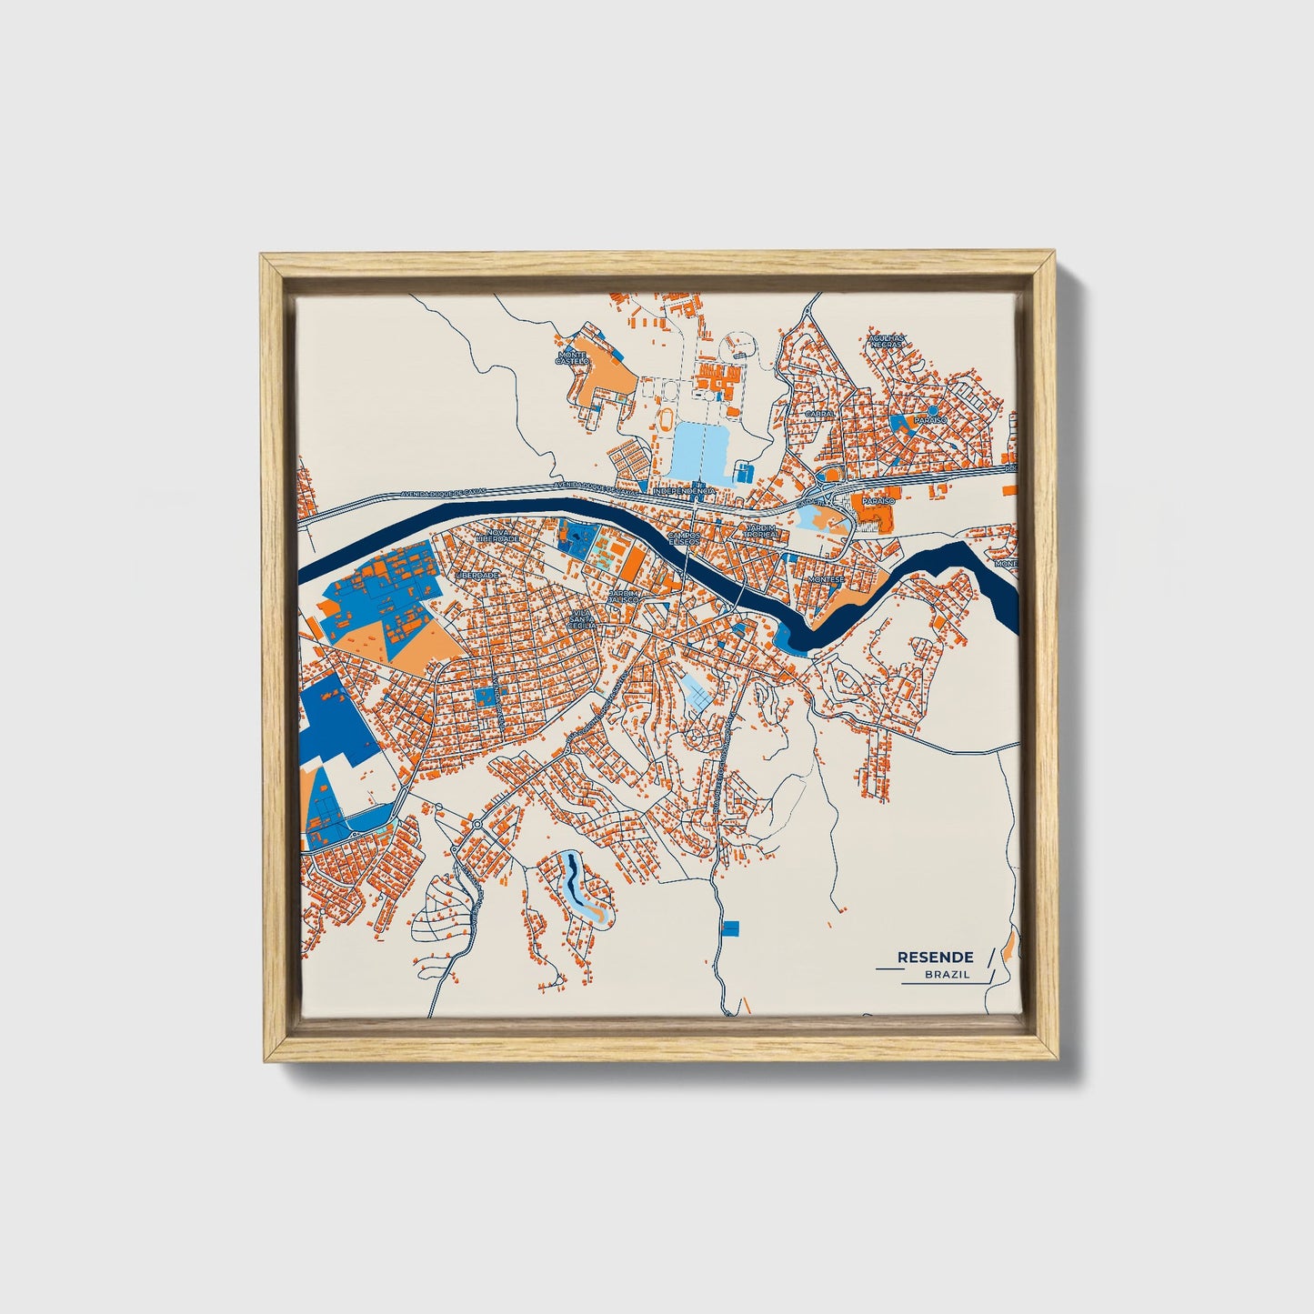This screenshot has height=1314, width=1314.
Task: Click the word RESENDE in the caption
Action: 935,957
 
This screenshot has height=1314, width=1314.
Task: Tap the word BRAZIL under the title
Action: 947,975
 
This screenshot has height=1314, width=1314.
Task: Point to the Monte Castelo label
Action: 573,358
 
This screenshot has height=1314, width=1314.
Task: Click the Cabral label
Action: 819,413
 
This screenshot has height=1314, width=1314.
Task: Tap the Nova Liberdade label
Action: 504,536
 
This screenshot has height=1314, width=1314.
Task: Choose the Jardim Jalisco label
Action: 624,596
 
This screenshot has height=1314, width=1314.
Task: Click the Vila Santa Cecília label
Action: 582,619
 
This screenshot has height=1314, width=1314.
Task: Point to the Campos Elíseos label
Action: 684,537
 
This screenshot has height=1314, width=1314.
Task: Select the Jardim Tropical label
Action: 760,530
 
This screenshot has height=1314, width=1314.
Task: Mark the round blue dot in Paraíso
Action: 933,411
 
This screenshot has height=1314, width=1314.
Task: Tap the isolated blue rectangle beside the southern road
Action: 731,928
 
